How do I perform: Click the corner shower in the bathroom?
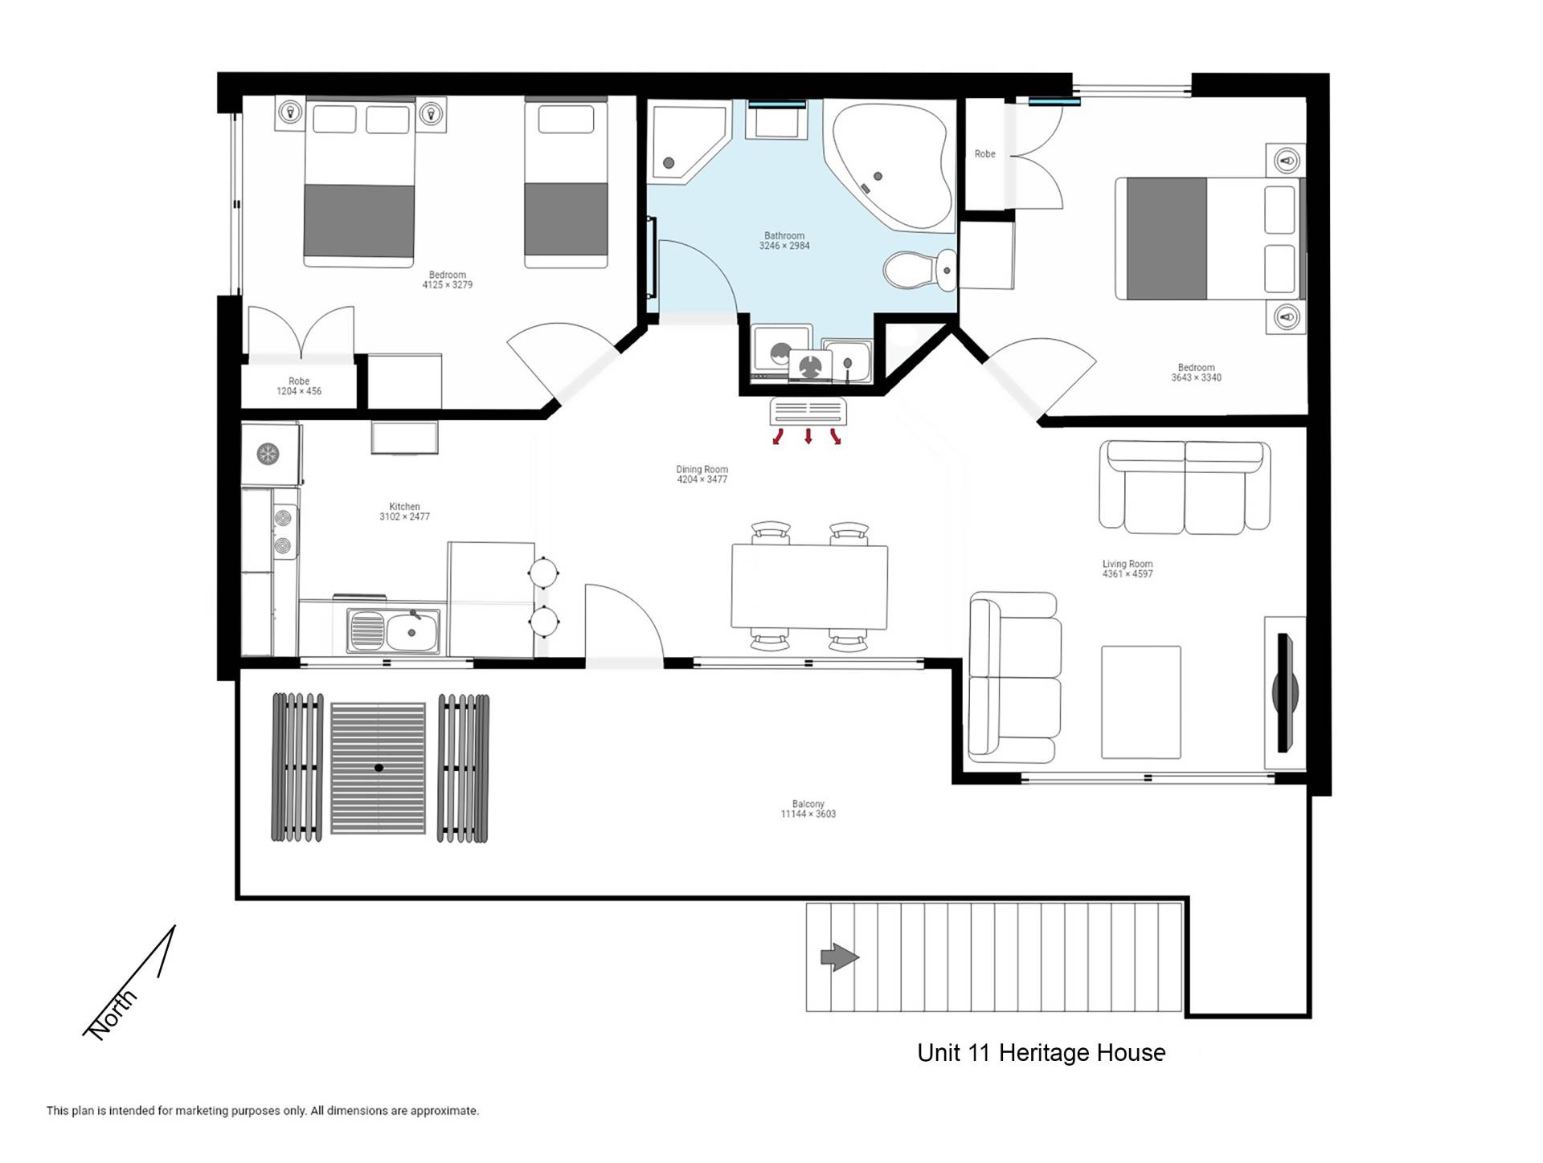[690, 142]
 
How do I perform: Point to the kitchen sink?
[394, 630]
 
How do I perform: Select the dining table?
[809, 586]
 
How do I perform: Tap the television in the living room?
[1285, 692]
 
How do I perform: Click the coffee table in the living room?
[1141, 702]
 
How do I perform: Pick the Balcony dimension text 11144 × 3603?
[808, 814]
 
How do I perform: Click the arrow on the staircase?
[840, 957]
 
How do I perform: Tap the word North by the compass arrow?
[112, 1014]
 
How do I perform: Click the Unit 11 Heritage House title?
[1042, 1053]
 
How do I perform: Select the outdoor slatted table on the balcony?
[379, 768]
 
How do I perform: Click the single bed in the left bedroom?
[566, 182]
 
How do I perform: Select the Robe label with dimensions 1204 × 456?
[299, 386]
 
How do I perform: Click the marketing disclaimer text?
[263, 1111]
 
